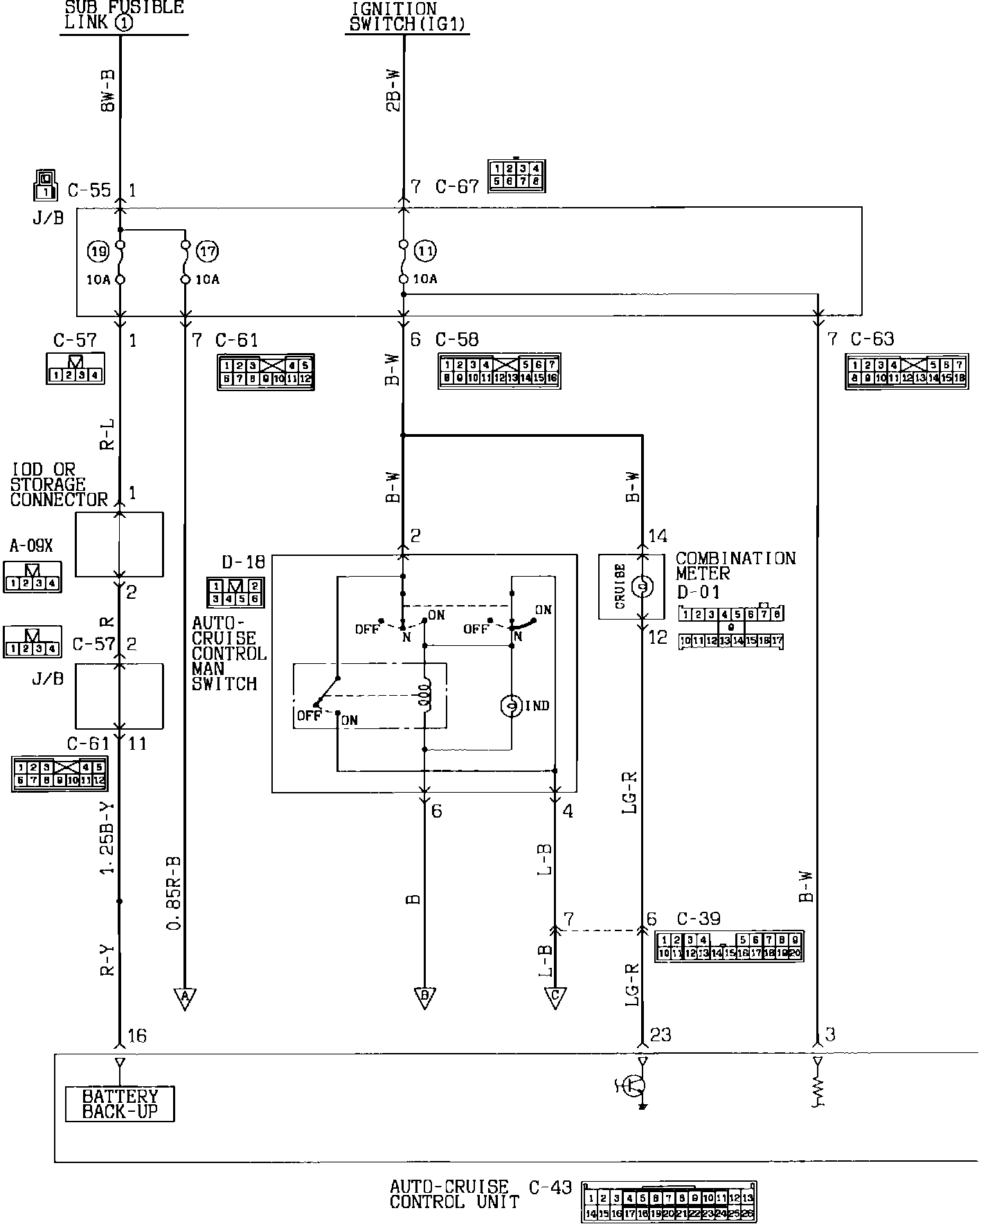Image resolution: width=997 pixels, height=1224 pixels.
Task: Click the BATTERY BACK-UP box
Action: point(120,1104)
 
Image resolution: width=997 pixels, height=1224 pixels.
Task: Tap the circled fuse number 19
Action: point(98,251)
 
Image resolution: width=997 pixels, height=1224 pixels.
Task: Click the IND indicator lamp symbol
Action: point(511,706)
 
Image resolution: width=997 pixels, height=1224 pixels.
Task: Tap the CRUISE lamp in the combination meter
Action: point(643,587)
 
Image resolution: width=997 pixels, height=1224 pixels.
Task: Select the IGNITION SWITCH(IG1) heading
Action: point(406,17)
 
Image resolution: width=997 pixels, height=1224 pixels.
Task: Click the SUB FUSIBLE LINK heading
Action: point(124,15)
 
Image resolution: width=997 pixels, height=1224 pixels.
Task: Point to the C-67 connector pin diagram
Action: point(516,176)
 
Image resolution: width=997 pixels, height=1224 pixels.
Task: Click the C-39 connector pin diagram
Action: point(729,946)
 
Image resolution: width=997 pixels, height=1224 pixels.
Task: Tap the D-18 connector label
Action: point(243,561)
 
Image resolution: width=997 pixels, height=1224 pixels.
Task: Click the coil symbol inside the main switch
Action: point(425,696)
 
